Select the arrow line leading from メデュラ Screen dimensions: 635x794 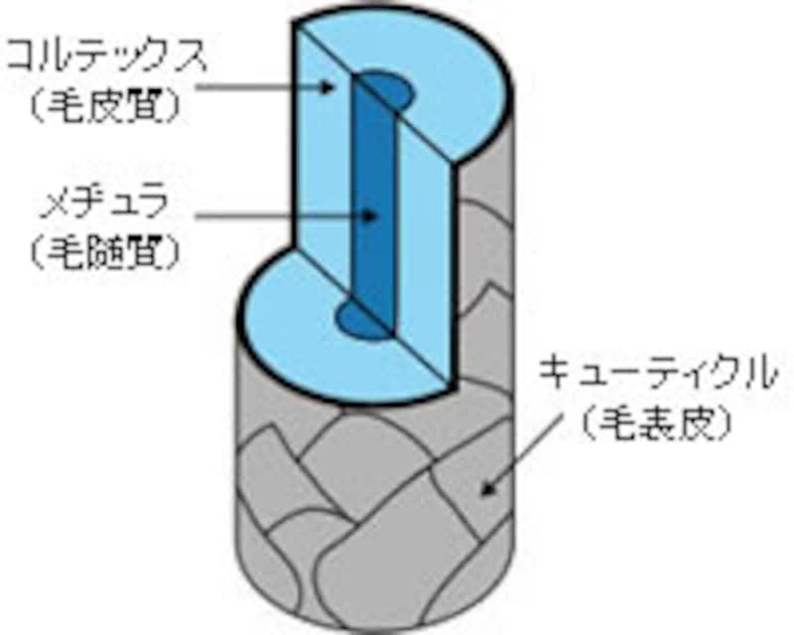point(278,214)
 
